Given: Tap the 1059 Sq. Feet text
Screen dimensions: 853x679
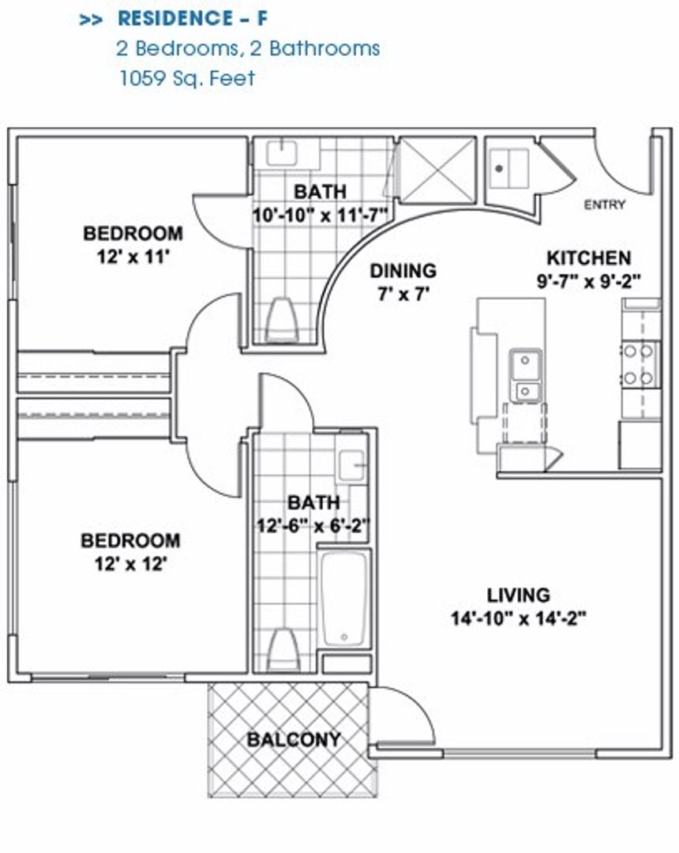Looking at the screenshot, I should pos(186,78).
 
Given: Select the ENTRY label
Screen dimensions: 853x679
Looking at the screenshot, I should pos(604,205).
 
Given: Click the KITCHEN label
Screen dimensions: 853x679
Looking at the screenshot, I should pos(588,258).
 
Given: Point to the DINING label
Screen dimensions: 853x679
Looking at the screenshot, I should pos(403,271).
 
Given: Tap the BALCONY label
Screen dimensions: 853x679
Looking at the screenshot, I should pos(294,740).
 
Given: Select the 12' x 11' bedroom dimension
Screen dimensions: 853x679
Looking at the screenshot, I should pos(133,257).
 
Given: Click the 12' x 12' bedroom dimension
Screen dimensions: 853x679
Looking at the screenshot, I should pos(130,564).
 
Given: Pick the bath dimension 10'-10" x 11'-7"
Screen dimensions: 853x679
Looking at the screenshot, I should pos(321,214).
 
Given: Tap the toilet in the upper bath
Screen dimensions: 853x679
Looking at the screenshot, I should pos(281,319).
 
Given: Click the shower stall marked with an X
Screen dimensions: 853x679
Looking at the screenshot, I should pos(436,170).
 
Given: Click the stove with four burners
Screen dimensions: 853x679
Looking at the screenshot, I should pos(639,364).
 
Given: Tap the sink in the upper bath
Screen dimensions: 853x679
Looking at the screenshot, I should pos(280,152).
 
